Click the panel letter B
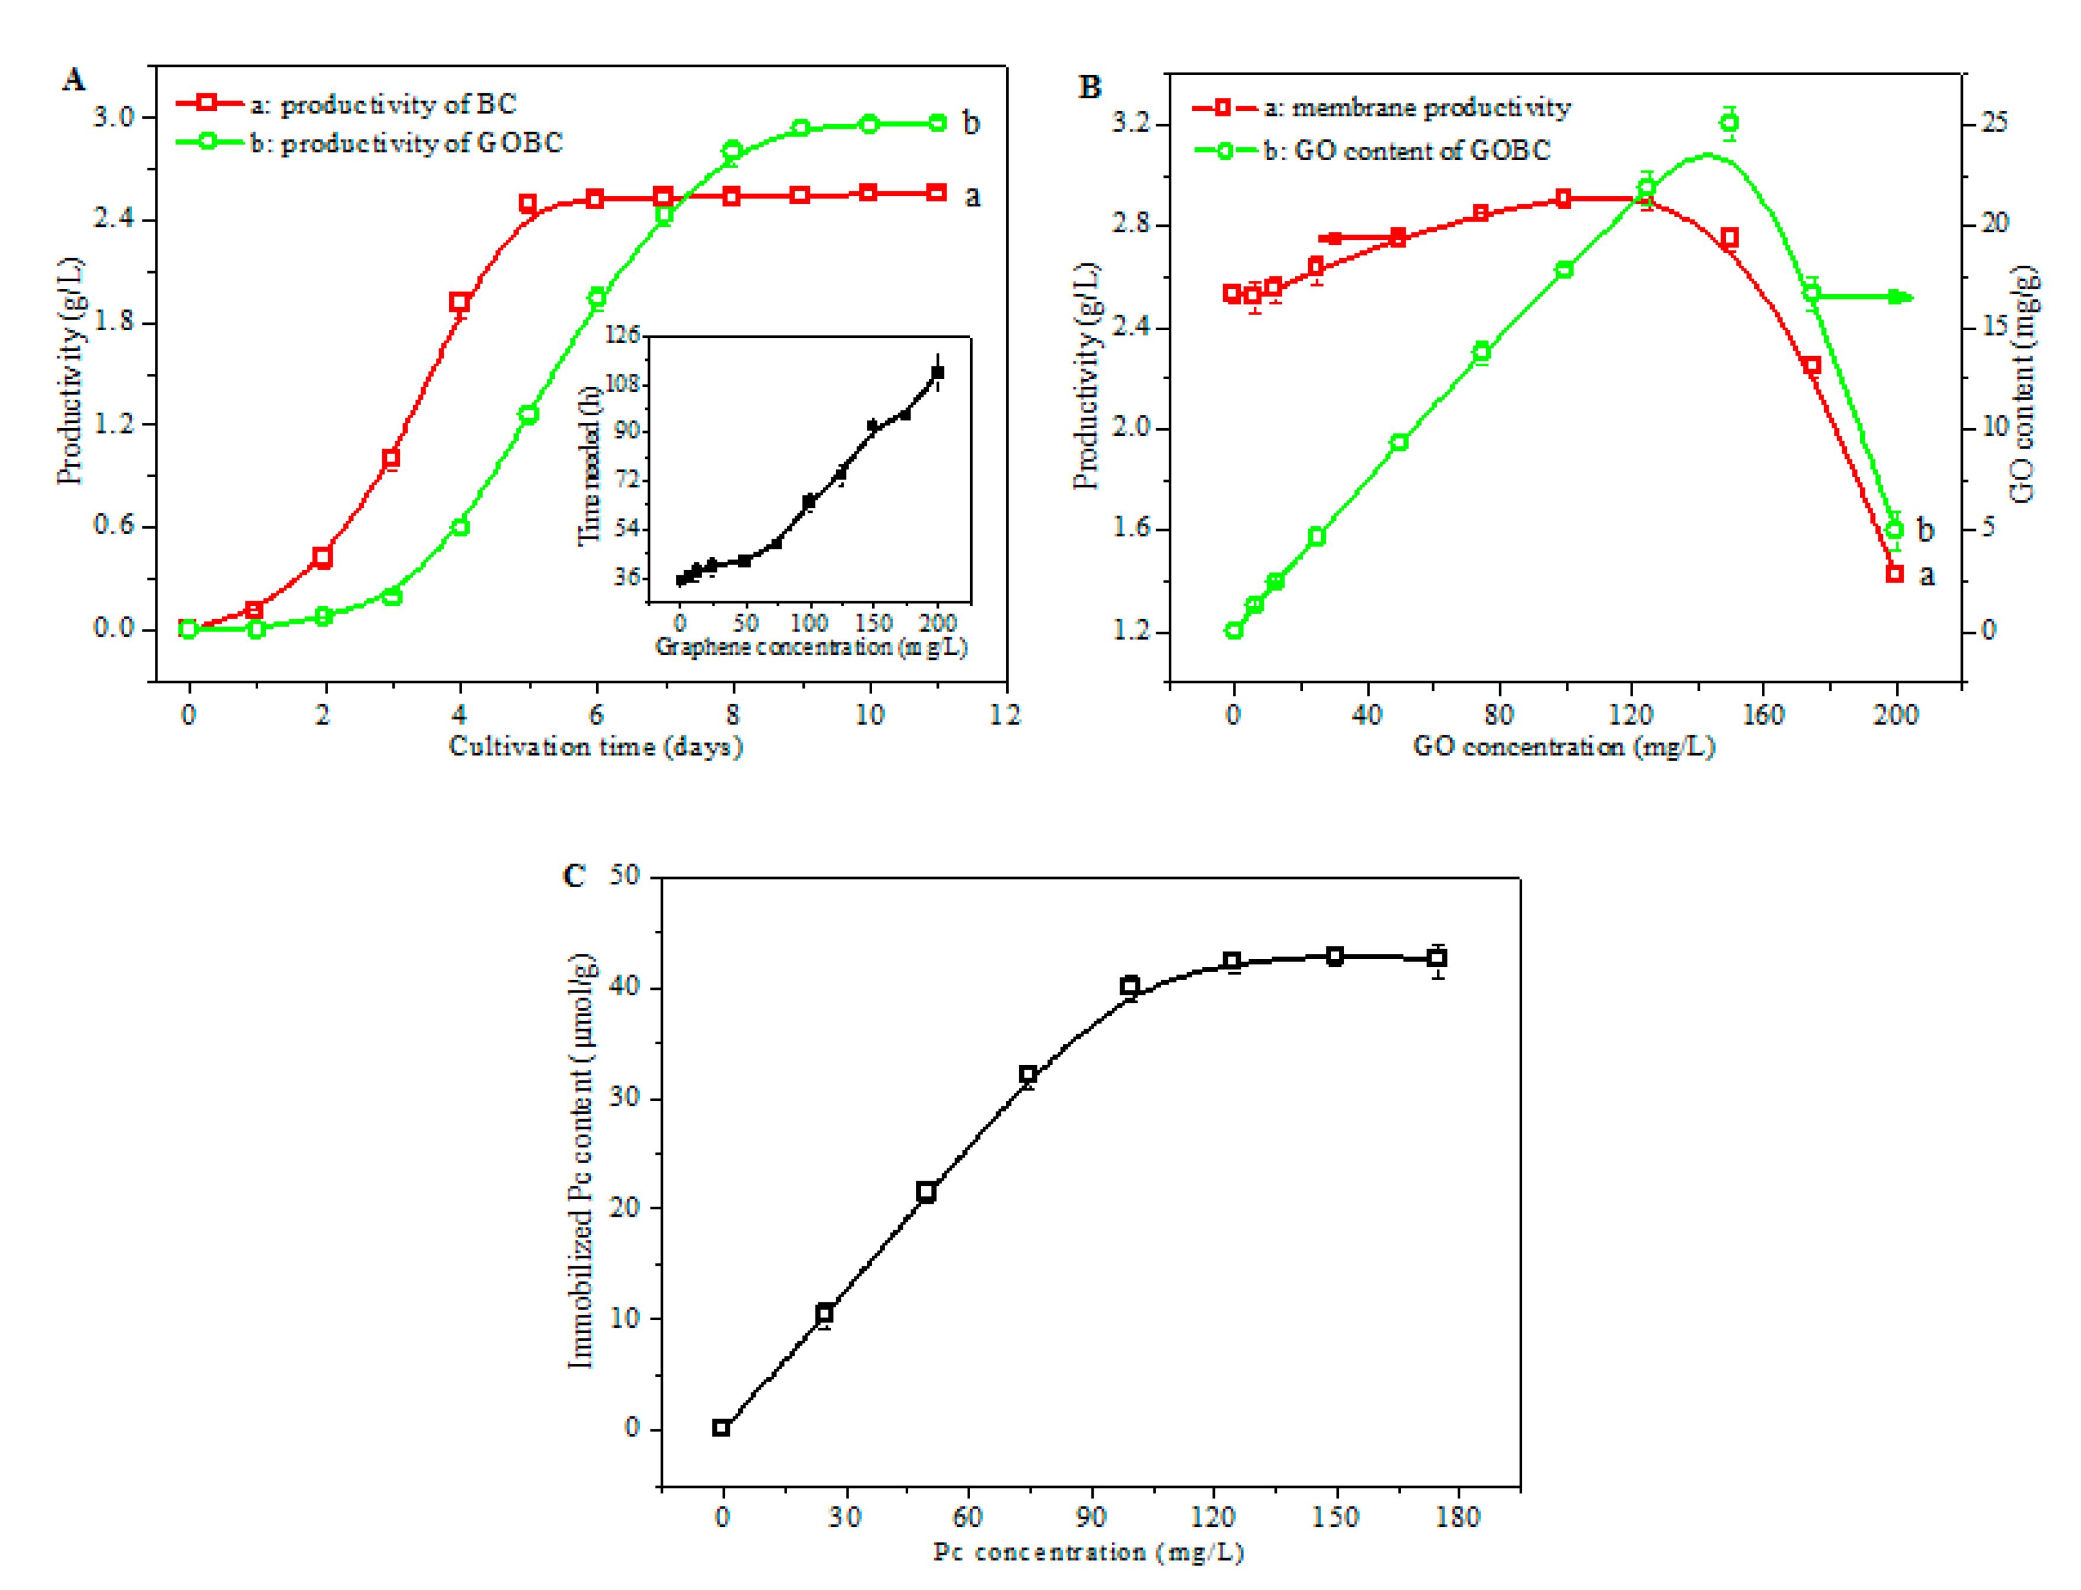click(x=1089, y=88)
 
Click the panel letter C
click(x=574, y=875)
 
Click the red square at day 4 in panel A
click(x=460, y=303)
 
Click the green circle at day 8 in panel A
click(x=732, y=151)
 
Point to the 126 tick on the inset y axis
click(x=623, y=335)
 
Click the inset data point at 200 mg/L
click(x=937, y=373)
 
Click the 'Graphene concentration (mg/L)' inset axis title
click(x=811, y=647)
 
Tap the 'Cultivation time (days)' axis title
click(x=596, y=747)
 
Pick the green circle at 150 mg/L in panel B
click(x=1729, y=122)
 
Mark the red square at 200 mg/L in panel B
click(x=1894, y=574)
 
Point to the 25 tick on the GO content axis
click(x=1994, y=122)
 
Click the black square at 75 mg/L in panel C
click(x=1028, y=1075)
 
